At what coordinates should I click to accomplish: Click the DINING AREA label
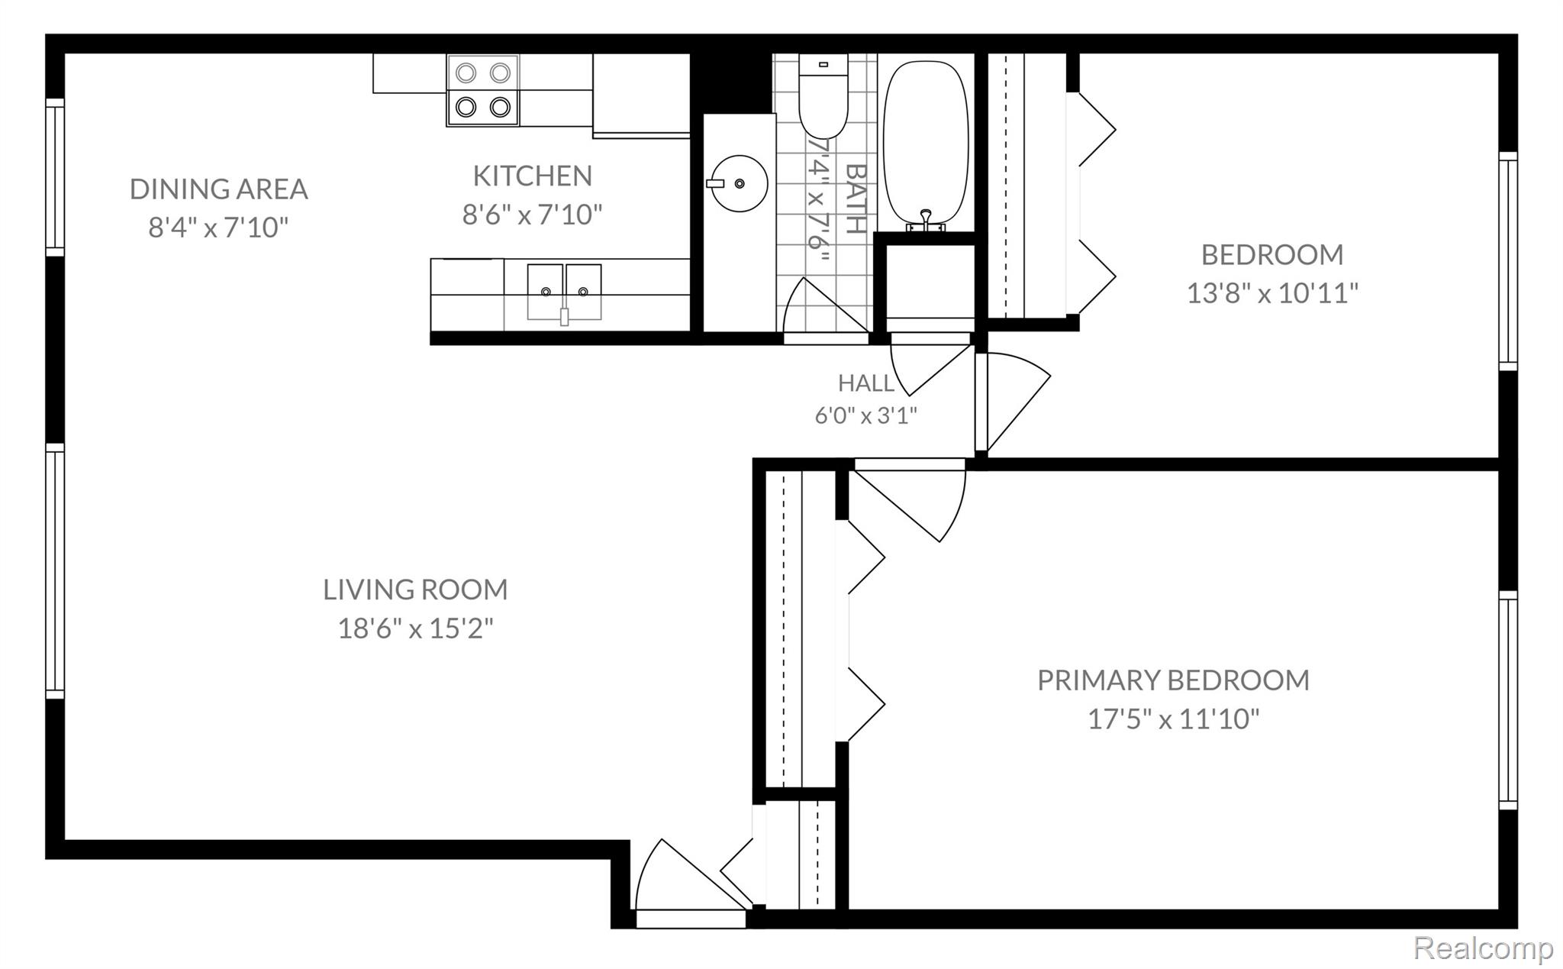pyautogui.click(x=219, y=189)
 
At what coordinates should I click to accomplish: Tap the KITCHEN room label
pyautogui.click(x=533, y=176)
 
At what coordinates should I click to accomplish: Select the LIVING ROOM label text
pyautogui.click(x=415, y=589)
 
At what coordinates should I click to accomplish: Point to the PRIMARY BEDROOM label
pyautogui.click(x=1173, y=680)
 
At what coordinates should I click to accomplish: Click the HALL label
pyautogui.click(x=866, y=383)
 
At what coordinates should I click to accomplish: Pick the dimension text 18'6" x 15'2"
pyautogui.click(x=416, y=628)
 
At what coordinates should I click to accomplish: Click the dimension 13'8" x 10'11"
pyautogui.click(x=1272, y=292)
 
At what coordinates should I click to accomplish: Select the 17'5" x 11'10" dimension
pyautogui.click(x=1173, y=719)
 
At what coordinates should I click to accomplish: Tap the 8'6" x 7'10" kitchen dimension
pyautogui.click(x=533, y=215)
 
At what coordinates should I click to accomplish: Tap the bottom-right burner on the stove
pyautogui.click(x=500, y=107)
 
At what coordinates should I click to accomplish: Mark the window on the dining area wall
pyautogui.click(x=55, y=177)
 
